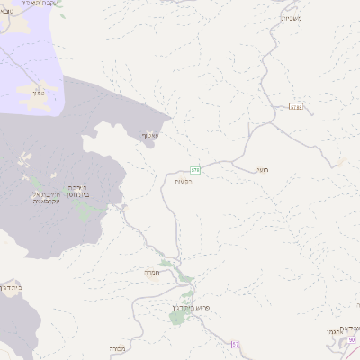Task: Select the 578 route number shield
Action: click(194, 169)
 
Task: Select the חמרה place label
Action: click(149, 271)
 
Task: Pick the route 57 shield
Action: click(237, 344)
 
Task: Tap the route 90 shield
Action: click(354, 339)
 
